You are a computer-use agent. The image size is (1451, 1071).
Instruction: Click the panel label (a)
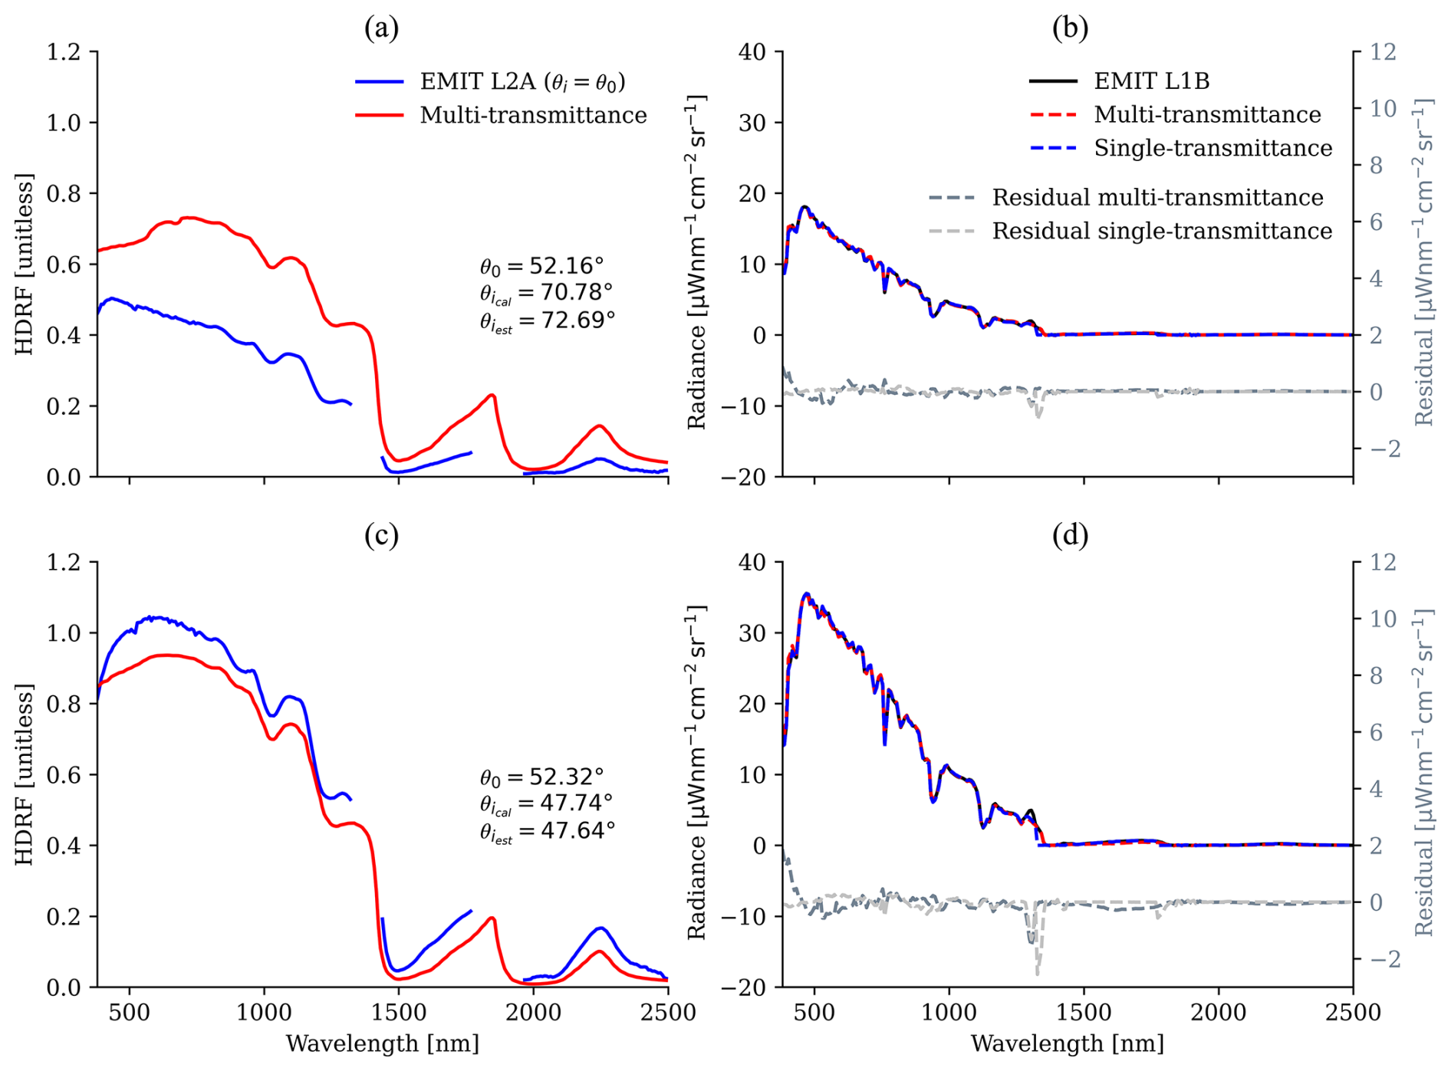[381, 28]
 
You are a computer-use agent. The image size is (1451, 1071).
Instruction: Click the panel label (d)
[1070, 536]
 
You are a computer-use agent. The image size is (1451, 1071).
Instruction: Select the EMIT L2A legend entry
[522, 82]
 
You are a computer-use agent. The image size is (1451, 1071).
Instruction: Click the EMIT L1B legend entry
[1151, 80]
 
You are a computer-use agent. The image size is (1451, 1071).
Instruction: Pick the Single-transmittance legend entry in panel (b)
[1212, 148]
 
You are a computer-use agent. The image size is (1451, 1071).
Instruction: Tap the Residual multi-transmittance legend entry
[1157, 198]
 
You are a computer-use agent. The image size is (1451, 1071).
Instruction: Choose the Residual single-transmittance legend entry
[1162, 231]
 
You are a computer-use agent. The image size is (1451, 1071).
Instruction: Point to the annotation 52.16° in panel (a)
[566, 266]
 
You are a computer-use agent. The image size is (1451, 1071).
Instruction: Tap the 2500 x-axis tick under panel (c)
[666, 1013]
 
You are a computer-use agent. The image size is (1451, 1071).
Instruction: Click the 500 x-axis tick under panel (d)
[814, 1013]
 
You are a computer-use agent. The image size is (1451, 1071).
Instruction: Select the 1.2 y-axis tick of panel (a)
[64, 52]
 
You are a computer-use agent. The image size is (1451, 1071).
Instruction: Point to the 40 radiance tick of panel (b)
[752, 52]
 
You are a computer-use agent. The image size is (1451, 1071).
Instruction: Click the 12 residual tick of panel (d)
[1383, 563]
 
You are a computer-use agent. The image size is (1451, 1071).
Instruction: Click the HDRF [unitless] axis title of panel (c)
[25, 774]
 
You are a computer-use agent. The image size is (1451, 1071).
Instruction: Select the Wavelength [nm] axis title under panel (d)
[1067, 1043]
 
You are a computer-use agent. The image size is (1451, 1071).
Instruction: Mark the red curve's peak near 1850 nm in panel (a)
[492, 395]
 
